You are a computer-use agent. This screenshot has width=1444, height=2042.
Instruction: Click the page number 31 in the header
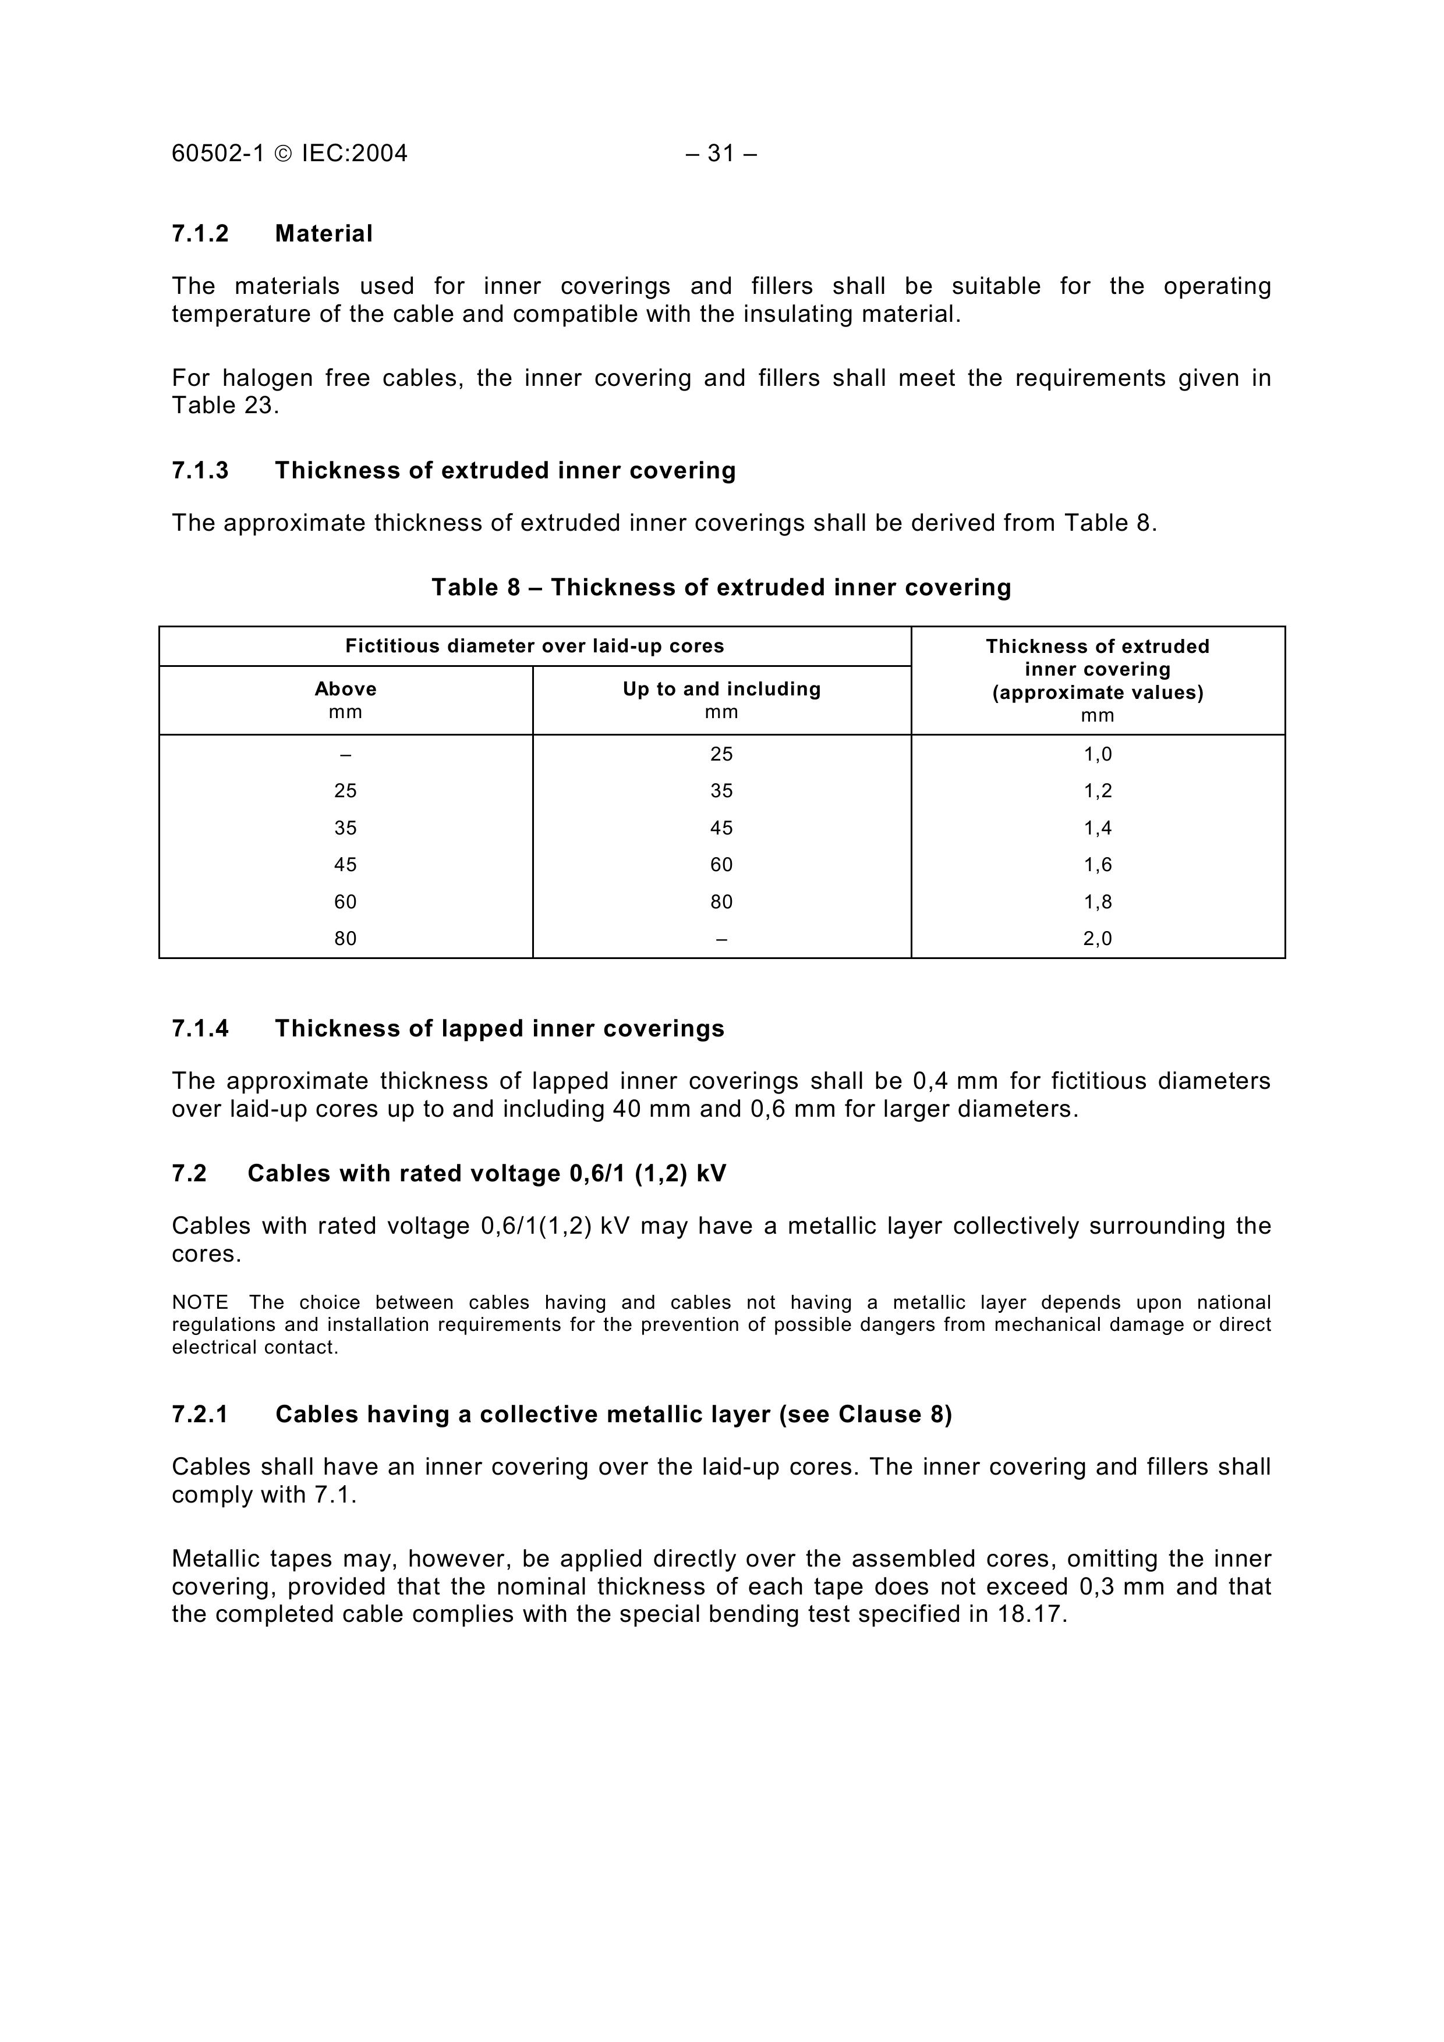coord(721,154)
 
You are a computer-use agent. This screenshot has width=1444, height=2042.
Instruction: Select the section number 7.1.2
coord(200,234)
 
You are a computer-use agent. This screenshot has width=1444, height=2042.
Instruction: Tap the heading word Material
coord(324,234)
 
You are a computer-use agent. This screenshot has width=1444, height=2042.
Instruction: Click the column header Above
coord(345,689)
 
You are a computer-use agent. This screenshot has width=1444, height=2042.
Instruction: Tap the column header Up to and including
coord(721,689)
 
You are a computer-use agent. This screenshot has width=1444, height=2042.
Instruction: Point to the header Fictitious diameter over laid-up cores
coord(535,647)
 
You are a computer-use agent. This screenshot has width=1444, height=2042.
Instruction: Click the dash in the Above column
coord(345,754)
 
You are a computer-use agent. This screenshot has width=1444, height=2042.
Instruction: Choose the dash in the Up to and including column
coord(721,938)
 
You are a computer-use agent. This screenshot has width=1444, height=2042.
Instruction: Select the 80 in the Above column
coord(345,938)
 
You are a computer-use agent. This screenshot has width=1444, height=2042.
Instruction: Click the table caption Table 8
coord(475,588)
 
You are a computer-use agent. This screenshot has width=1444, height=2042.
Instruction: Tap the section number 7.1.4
coord(200,1029)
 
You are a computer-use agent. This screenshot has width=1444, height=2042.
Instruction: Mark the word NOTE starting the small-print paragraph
coord(200,1303)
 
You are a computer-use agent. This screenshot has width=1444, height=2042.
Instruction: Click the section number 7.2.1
coord(200,1415)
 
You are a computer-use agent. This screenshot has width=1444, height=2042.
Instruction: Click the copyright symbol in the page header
coord(283,154)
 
